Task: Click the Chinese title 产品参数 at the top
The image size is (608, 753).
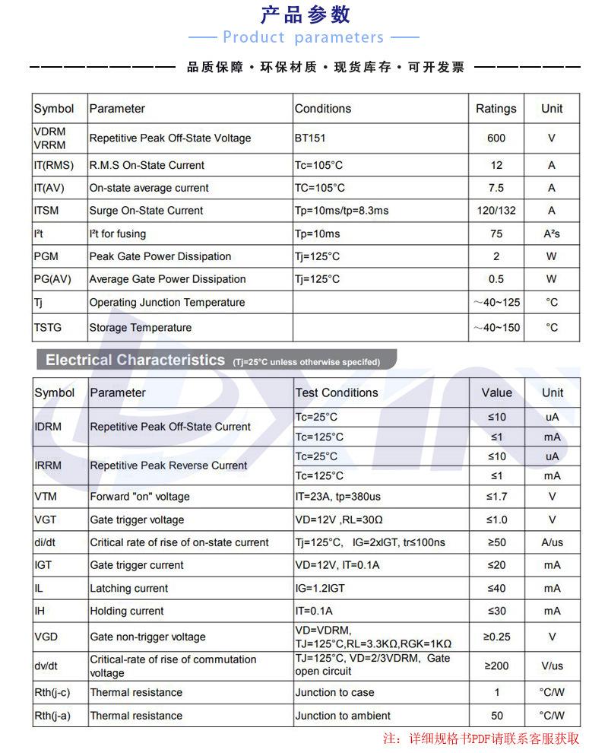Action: tap(305, 14)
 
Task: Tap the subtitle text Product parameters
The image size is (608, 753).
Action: tap(303, 37)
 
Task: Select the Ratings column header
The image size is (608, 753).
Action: tap(496, 109)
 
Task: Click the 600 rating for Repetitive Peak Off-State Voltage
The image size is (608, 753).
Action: tap(496, 138)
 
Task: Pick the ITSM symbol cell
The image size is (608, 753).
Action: tap(46, 211)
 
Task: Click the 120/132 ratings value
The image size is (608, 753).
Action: tap(496, 211)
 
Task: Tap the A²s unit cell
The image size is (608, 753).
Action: tap(552, 234)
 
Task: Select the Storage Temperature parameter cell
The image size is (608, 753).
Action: tap(141, 328)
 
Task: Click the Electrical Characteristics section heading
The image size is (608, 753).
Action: tap(135, 361)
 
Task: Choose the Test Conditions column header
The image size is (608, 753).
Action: tap(337, 392)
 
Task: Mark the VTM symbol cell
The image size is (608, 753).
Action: tap(46, 497)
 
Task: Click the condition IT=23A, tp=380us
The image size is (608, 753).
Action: tap(338, 497)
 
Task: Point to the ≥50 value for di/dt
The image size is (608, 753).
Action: tap(496, 542)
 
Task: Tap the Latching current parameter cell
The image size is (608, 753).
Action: tap(129, 588)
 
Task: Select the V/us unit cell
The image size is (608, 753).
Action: tap(553, 666)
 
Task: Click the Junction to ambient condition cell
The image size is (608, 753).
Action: tap(343, 716)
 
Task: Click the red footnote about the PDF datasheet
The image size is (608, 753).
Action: tap(481, 739)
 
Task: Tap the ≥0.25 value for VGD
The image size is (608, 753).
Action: tap(497, 637)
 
